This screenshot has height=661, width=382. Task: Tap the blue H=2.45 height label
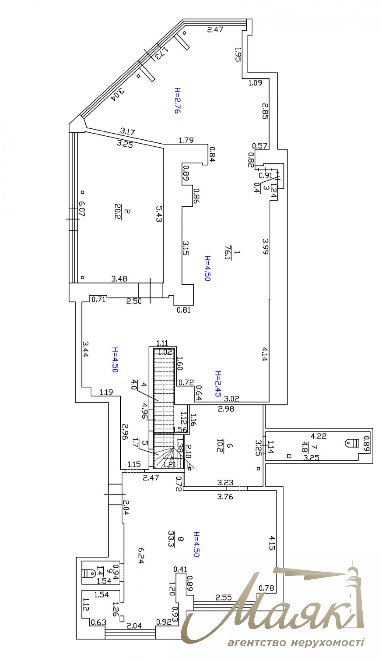pyautogui.click(x=219, y=385)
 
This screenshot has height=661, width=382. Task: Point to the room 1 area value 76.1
pyautogui.click(x=227, y=253)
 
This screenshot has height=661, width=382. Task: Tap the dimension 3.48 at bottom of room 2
pyautogui.click(x=119, y=279)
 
